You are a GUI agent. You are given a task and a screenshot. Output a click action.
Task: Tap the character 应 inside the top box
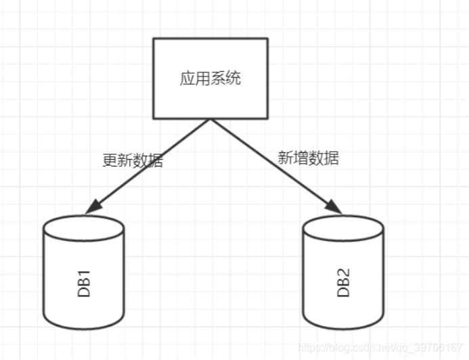pyautogui.click(x=187, y=78)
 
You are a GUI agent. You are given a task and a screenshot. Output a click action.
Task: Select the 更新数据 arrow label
pyautogui.click(x=133, y=160)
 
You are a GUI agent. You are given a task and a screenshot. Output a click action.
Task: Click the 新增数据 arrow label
pyautogui.click(x=309, y=158)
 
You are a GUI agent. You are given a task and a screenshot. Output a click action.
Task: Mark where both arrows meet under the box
pyautogui.click(x=210, y=120)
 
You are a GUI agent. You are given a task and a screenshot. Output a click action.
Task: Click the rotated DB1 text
pyautogui.click(x=84, y=284)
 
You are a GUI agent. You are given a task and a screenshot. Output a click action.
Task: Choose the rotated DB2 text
pyautogui.click(x=343, y=284)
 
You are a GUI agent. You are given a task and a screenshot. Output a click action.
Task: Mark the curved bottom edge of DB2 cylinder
pyautogui.click(x=343, y=328)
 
